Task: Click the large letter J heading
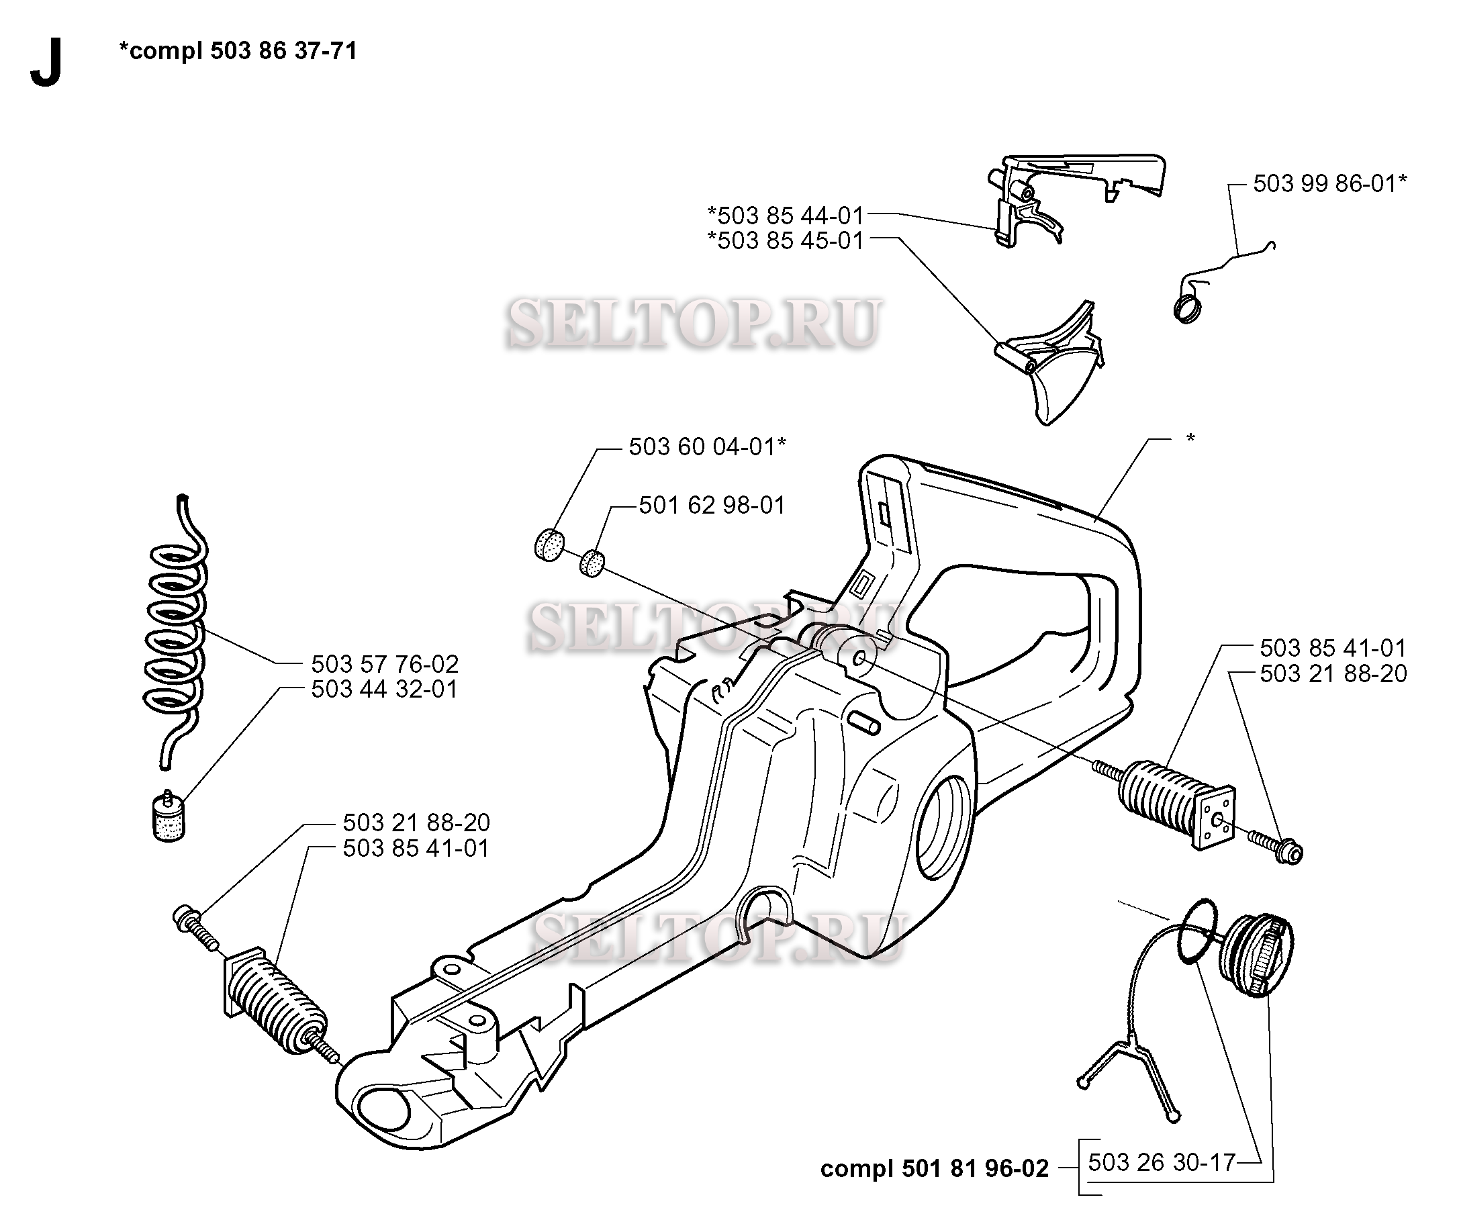(x=46, y=62)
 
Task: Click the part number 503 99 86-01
(x=1329, y=184)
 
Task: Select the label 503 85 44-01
(x=786, y=215)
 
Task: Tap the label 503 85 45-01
(x=786, y=241)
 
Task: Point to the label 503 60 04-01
(x=707, y=447)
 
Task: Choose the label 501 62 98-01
(x=712, y=505)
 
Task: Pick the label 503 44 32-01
(x=384, y=689)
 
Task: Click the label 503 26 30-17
(x=1162, y=1162)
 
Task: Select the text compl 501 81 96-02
(x=934, y=1169)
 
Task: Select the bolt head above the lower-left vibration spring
(x=184, y=918)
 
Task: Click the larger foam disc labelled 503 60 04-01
(x=549, y=545)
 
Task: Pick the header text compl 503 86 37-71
(x=238, y=50)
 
